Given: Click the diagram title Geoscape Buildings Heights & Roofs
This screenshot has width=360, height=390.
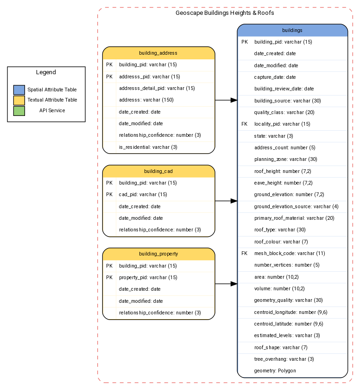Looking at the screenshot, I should tap(225, 13).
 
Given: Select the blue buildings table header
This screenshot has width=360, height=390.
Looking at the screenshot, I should tap(292, 30).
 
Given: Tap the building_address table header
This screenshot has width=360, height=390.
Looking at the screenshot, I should tap(158, 53).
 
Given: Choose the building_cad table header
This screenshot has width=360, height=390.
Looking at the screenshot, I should tap(158, 171).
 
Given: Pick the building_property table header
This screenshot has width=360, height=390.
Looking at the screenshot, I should tap(158, 254).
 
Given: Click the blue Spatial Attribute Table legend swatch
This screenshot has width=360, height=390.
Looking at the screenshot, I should tap(19, 90).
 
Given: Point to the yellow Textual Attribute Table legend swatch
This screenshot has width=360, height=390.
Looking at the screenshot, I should tap(19, 100).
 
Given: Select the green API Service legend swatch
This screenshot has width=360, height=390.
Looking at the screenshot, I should tap(19, 110).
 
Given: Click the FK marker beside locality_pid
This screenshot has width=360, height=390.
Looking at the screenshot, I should tap(245, 124).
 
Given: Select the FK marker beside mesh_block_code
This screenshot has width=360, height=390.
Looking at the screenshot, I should tap(245, 254).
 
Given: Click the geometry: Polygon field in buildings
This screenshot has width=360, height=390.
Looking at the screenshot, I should tap(275, 371).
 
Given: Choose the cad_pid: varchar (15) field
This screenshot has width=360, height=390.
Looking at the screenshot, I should tap(143, 195).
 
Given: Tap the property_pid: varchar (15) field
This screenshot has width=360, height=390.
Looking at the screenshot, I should tap(148, 278).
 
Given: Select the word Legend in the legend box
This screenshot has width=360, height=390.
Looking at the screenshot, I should tap(46, 72).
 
